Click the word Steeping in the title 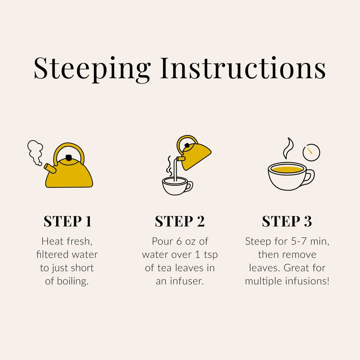tap(92, 69)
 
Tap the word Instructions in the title tap(243, 68)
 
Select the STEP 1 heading tap(68, 221)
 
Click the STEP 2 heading tap(180, 221)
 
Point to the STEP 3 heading tap(287, 221)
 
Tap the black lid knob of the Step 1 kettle tap(68, 158)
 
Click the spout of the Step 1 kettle tap(50, 168)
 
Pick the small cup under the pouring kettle tap(177, 186)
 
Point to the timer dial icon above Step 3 tap(311, 152)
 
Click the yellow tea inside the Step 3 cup tap(287, 170)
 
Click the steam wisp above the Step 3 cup tap(288, 148)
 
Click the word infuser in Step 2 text tap(187, 281)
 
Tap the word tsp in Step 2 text tap(211, 255)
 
